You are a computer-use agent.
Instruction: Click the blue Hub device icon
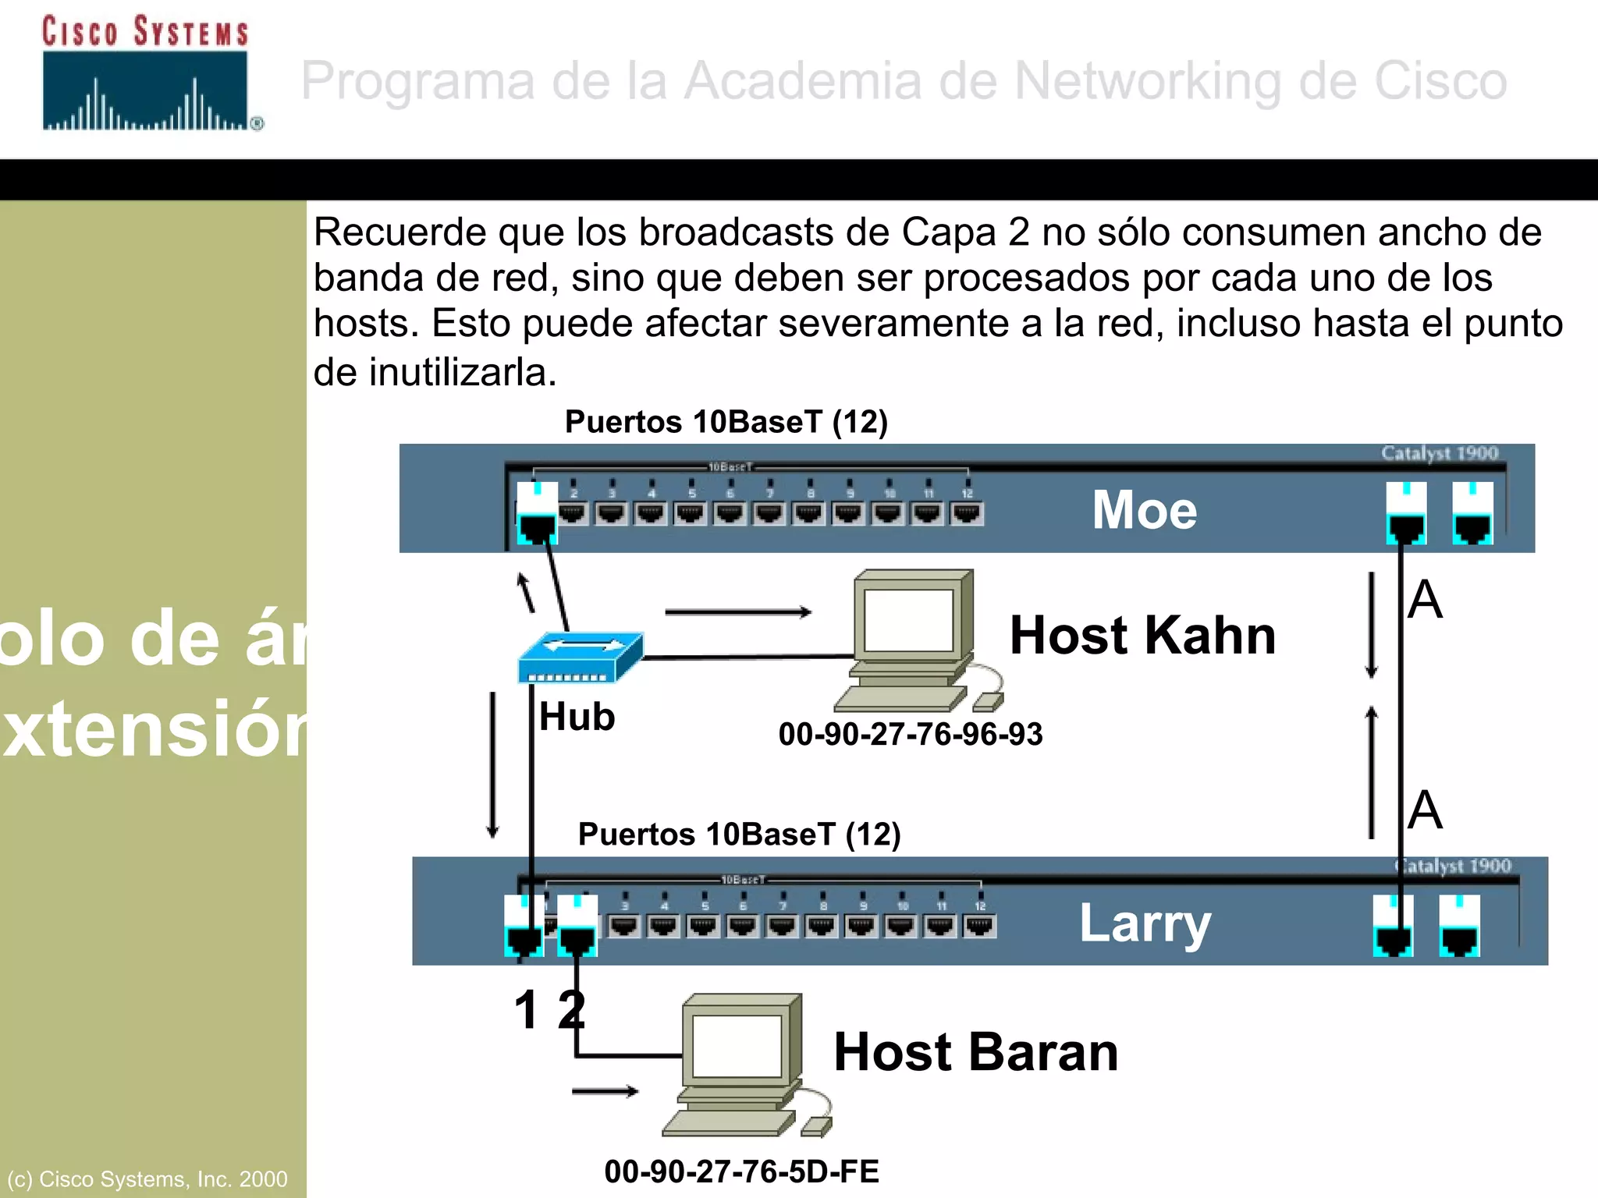(x=581, y=657)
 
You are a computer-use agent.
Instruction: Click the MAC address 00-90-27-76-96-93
(x=910, y=734)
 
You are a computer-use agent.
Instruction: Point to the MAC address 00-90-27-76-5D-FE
(x=741, y=1171)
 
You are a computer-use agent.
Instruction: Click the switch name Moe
(x=1144, y=510)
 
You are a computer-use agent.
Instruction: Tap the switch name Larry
(x=1145, y=923)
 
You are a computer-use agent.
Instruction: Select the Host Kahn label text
(x=1142, y=635)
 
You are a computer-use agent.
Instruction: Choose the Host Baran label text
(x=976, y=1051)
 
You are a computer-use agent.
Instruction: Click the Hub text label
(x=577, y=717)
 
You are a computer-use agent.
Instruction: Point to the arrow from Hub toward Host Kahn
(x=737, y=612)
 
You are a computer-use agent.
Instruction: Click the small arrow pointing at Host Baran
(x=605, y=1091)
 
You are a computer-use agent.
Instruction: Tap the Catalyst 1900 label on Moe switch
(x=1439, y=453)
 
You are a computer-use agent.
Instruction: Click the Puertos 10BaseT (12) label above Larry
(x=739, y=834)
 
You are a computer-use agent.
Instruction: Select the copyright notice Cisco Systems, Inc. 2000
(x=147, y=1179)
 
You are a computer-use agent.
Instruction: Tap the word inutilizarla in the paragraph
(x=461, y=372)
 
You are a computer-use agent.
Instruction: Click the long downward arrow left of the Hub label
(x=492, y=764)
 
